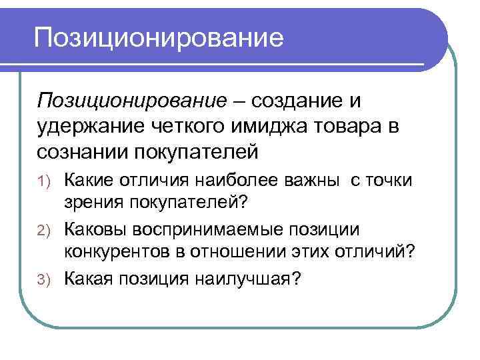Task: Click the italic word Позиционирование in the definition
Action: point(132,101)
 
